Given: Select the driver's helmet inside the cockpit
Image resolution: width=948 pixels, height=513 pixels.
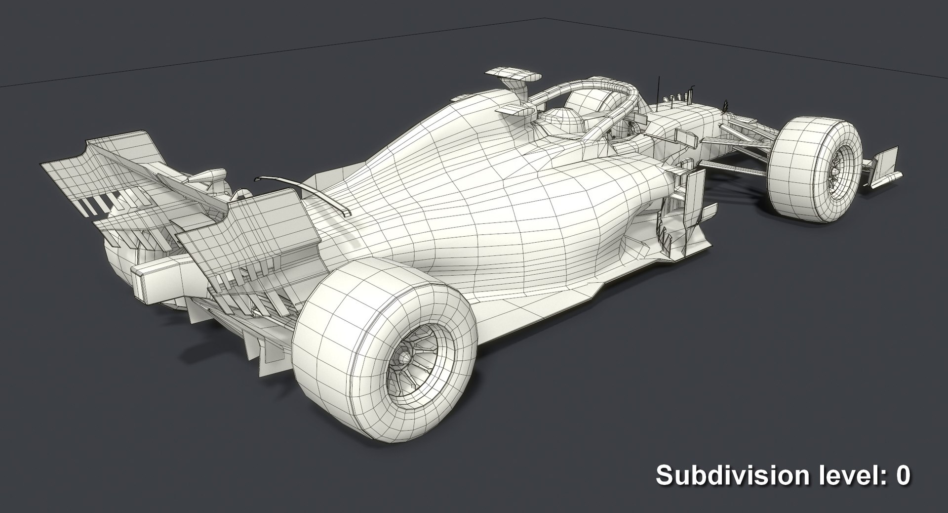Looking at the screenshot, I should pyautogui.click(x=560, y=121).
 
